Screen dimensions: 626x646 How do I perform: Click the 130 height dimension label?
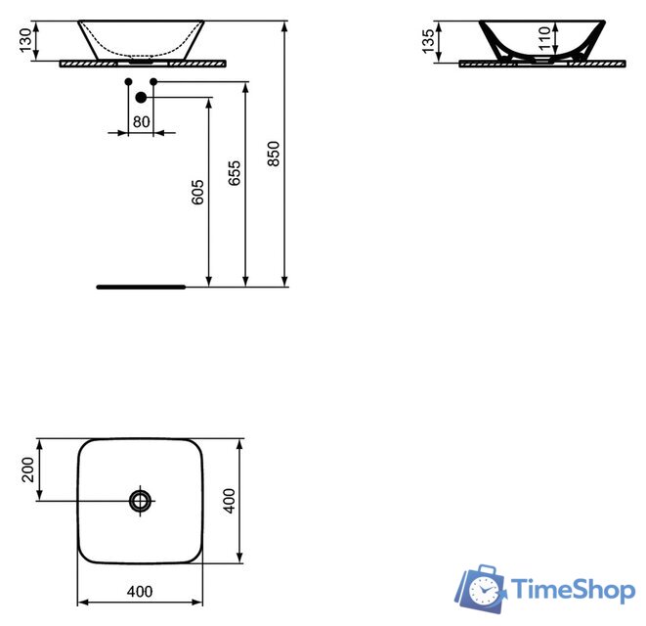click(24, 41)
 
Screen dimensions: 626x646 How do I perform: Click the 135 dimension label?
click(427, 42)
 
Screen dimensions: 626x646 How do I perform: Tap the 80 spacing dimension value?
click(141, 121)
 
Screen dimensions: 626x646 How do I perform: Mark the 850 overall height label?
click(274, 154)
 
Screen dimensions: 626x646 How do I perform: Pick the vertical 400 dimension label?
click(229, 502)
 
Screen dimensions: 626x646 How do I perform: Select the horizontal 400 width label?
click(141, 591)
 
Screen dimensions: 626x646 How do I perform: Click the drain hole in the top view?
click(141, 501)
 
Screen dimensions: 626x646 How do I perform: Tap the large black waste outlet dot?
click(141, 97)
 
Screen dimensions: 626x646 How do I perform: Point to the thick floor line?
click(141, 288)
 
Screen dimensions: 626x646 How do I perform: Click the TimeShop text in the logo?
click(574, 589)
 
